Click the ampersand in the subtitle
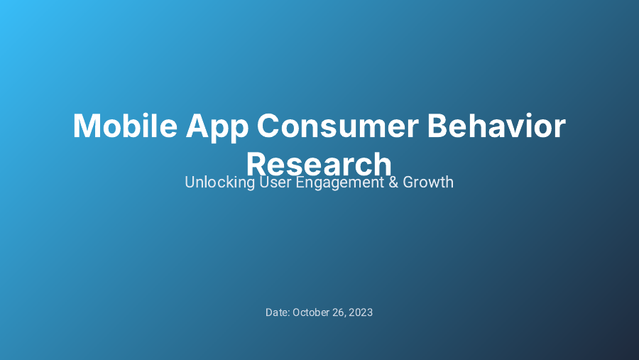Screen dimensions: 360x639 (393, 182)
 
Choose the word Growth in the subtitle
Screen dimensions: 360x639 (428, 182)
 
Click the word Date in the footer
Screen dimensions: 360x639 (276, 312)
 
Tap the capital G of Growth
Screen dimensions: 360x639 (408, 182)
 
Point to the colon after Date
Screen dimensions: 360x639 (288, 313)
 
